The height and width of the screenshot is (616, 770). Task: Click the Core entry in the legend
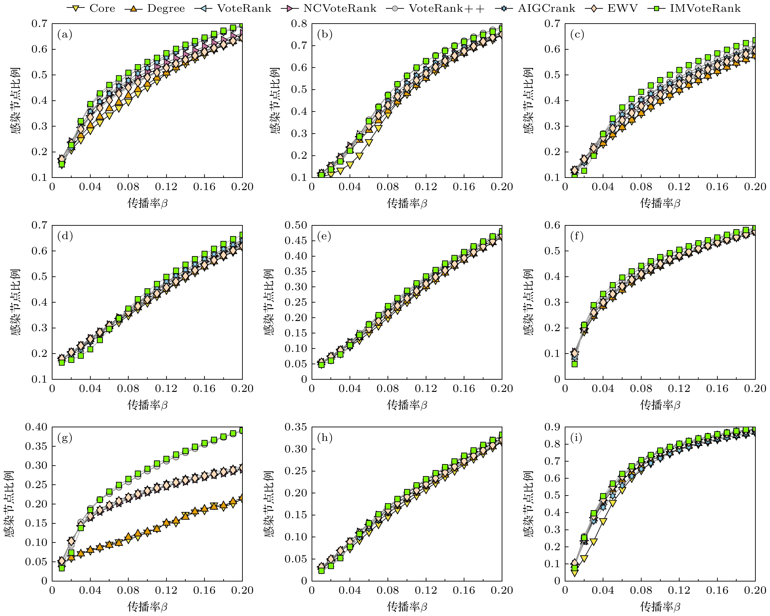tap(91, 8)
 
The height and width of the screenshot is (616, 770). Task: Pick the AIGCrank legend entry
tap(536, 8)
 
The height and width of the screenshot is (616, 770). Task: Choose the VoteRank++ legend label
tap(436, 8)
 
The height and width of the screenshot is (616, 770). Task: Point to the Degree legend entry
tap(155, 8)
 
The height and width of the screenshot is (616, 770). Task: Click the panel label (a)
tap(65, 35)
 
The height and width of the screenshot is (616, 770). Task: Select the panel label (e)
tap(324, 236)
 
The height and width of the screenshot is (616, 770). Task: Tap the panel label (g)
tap(65, 438)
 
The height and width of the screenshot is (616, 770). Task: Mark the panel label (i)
tap(576, 438)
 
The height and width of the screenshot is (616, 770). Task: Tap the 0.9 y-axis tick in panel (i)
tap(552, 427)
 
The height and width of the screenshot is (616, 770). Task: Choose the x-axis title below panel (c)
tap(660, 203)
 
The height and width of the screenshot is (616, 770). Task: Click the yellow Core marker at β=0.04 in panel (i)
tap(603, 522)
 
